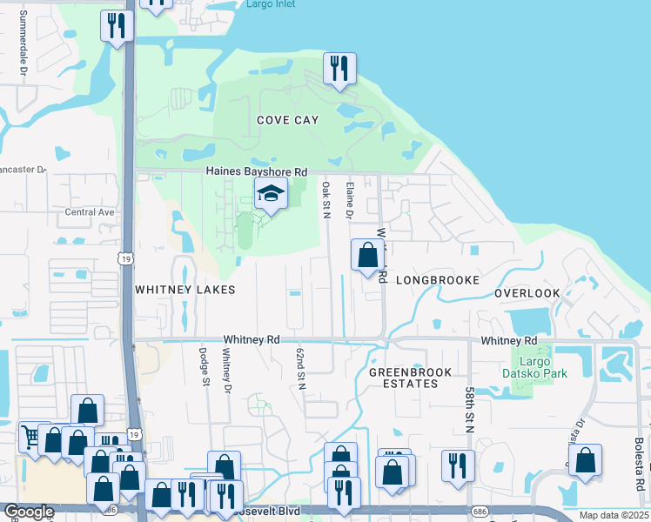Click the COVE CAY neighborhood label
point(287,120)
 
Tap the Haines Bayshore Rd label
point(256,172)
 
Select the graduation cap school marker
point(271,195)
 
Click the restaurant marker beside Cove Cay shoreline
point(339,70)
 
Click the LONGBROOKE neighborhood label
point(437,280)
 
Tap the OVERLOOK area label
point(527,293)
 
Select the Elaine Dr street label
point(349,199)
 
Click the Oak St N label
point(325,200)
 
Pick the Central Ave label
point(90,212)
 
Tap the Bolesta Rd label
point(638,469)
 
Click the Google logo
point(29,512)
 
